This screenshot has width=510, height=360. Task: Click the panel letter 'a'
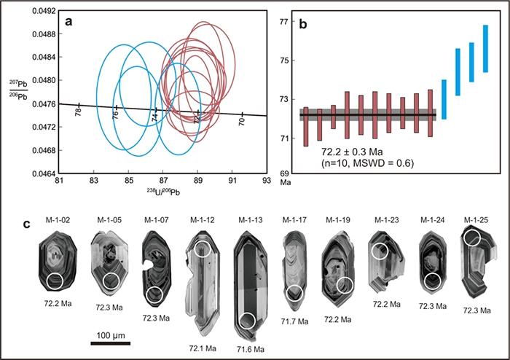(x=68, y=21)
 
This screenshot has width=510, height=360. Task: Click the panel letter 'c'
(x=27, y=224)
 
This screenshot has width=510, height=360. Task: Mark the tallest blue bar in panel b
(x=485, y=49)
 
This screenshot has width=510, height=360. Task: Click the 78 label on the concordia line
(x=78, y=112)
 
